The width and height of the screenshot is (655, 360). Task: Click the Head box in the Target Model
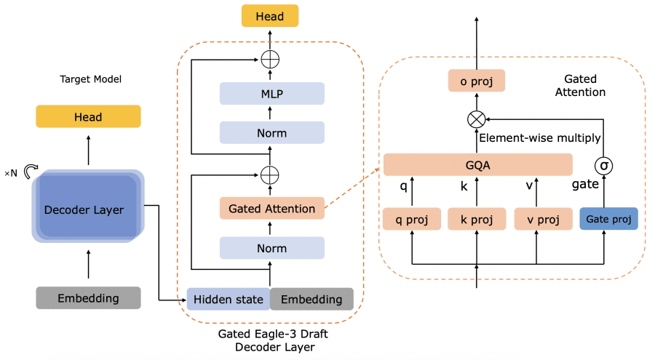(88, 116)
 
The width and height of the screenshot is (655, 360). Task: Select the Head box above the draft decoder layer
(270, 16)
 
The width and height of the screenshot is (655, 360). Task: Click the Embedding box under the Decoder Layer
(88, 297)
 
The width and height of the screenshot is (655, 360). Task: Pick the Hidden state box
(229, 299)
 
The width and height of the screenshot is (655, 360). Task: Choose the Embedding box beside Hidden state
(311, 299)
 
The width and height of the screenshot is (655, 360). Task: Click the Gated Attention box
(272, 209)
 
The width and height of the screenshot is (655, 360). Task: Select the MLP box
(272, 94)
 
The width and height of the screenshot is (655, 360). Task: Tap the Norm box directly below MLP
(272, 133)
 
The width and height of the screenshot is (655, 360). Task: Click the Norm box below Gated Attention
(272, 248)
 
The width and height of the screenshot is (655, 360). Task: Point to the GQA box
(477, 164)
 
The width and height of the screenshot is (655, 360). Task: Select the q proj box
(412, 219)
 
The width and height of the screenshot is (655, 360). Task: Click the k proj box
(477, 219)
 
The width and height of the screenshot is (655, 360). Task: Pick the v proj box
(543, 219)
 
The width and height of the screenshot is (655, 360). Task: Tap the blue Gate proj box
(608, 219)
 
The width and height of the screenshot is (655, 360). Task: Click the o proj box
(477, 81)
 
